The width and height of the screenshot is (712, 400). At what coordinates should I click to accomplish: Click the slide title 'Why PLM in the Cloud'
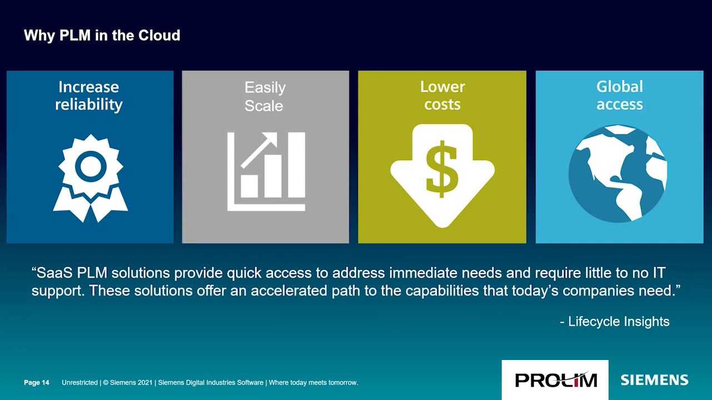click(x=102, y=36)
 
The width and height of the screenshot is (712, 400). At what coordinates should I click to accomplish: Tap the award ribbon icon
click(x=90, y=177)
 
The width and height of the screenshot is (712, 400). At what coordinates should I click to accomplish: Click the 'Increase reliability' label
click(x=88, y=96)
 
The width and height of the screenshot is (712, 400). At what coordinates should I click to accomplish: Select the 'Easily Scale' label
click(x=264, y=96)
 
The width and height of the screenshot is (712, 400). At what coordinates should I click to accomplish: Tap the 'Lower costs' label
click(x=442, y=96)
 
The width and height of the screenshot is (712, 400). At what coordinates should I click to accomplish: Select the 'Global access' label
click(x=619, y=96)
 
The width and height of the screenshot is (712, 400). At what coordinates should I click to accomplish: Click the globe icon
click(x=617, y=173)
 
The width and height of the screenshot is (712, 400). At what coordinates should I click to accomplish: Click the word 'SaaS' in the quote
click(x=54, y=273)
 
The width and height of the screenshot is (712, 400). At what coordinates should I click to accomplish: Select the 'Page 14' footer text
click(x=37, y=383)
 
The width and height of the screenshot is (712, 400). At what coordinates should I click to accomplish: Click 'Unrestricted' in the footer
click(x=80, y=383)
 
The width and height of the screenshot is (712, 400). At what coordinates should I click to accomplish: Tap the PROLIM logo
click(x=555, y=380)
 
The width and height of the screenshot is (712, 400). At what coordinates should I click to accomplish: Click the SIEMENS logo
click(x=654, y=380)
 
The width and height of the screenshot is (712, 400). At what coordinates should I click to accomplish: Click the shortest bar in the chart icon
click(x=249, y=186)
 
